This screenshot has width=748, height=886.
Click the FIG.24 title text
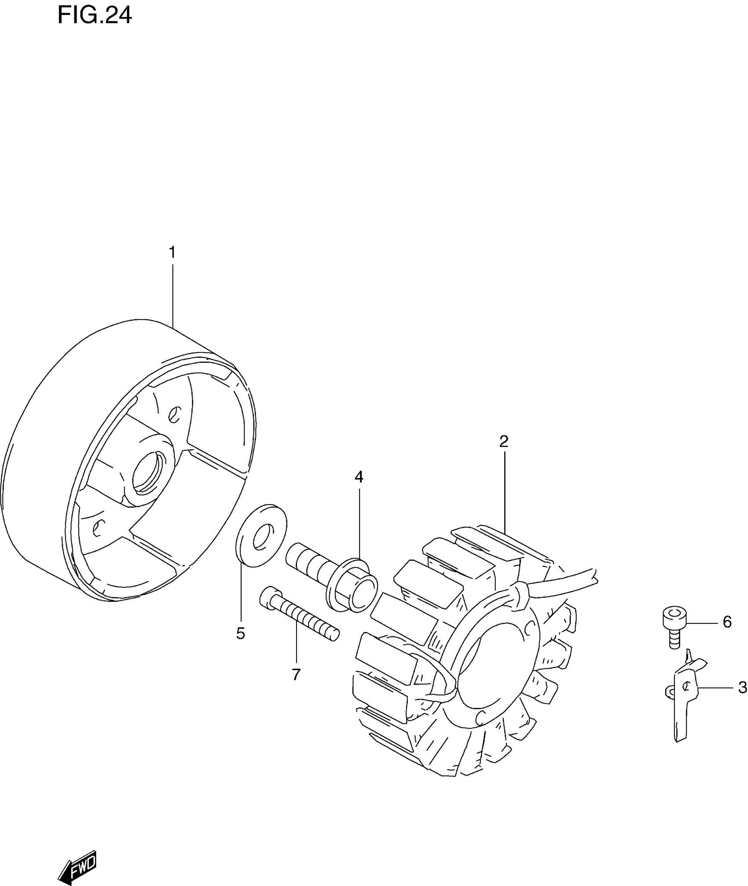pos(95,16)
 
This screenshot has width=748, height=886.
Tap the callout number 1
pos(172,253)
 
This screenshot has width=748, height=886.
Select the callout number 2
pos(504,441)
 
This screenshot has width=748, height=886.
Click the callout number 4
pos(359,476)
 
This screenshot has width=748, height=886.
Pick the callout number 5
pos(240,633)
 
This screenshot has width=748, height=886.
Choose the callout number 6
pos(727,622)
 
